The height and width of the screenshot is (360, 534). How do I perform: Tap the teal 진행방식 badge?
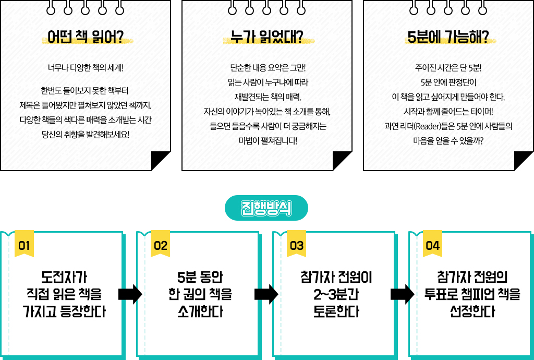click(266, 208)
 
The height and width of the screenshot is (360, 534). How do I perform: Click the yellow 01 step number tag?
click(24, 245)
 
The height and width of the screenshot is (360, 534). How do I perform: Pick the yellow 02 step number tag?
click(161, 245)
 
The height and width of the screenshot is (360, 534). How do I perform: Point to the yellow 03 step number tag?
click(297, 245)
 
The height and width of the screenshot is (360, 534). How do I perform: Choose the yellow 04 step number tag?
click(433, 245)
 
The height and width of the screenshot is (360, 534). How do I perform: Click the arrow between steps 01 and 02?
click(130, 294)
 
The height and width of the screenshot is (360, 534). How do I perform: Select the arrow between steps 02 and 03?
click(266, 294)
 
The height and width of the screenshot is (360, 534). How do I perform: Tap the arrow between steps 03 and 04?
click(402, 294)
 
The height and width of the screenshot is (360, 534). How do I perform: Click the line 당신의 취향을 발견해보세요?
click(86, 134)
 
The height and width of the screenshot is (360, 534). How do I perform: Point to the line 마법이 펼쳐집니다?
click(267, 140)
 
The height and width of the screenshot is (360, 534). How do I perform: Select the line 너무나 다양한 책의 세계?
click(86, 67)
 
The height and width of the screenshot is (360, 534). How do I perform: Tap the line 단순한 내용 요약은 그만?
click(267, 67)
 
